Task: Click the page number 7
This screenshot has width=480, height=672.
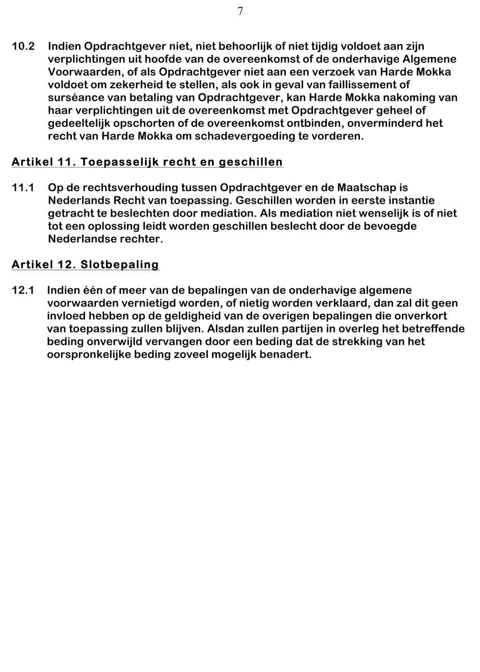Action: [x=240, y=12]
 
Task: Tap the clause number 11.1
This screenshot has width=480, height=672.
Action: [x=23, y=188]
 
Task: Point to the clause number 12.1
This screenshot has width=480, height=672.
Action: [x=23, y=290]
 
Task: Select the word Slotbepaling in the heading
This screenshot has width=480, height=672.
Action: [x=120, y=265]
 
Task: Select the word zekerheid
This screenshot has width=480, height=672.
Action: [x=136, y=85]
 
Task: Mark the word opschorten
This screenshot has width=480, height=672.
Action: [x=125, y=124]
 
